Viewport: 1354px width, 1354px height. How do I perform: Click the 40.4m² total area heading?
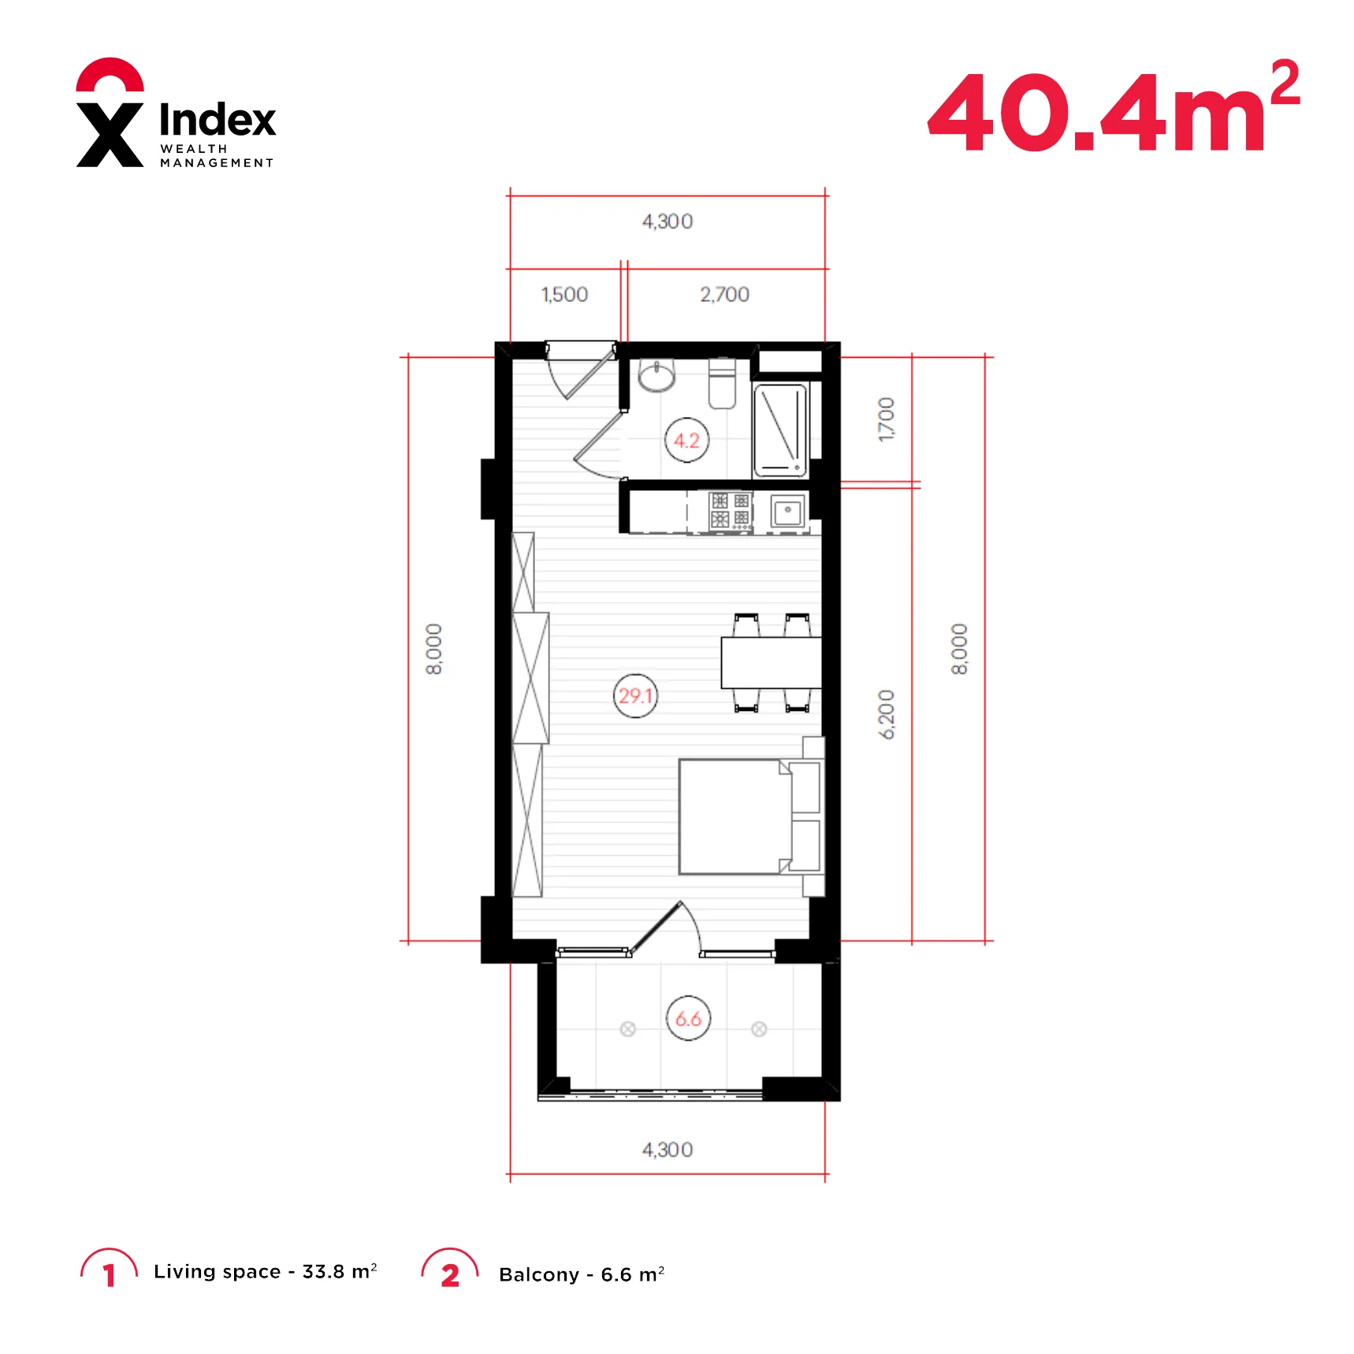point(1114,106)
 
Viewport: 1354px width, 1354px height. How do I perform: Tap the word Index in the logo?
point(218,120)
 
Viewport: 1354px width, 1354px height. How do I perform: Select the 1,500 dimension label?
point(564,295)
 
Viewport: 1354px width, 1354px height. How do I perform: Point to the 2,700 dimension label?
point(724,295)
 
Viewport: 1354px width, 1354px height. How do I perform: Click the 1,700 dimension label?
point(887,419)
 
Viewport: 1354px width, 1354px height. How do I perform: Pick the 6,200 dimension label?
point(887,715)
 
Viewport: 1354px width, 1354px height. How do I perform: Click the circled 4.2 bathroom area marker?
point(686,440)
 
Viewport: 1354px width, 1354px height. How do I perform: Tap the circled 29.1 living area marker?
point(635,696)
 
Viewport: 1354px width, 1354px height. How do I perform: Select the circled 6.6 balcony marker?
point(688,1018)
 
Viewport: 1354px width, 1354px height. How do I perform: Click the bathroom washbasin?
point(657,375)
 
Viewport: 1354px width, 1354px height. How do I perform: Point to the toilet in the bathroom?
point(722,383)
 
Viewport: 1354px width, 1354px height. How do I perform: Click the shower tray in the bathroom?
point(780,430)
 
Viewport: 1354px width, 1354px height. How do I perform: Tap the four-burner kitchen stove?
point(731,511)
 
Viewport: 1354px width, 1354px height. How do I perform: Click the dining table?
point(772,663)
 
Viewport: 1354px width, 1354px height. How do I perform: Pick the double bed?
point(749,816)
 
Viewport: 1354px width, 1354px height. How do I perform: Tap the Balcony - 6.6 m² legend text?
point(582,1274)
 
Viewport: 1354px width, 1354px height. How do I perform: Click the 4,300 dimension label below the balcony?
point(668,1150)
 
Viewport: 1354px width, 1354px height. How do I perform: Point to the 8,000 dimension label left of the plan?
point(434,649)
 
